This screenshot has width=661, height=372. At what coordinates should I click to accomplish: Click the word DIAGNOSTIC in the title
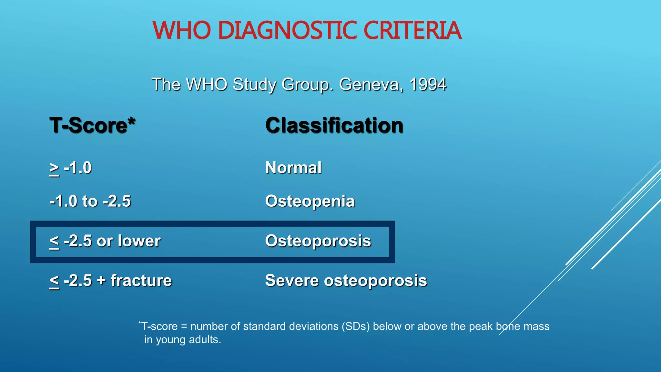[287, 30]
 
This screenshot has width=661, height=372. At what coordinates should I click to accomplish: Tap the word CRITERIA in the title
[412, 30]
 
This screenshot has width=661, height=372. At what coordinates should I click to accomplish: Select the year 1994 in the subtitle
[428, 84]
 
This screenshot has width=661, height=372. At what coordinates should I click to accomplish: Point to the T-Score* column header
[92, 125]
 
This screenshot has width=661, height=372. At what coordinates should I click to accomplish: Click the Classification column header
[334, 125]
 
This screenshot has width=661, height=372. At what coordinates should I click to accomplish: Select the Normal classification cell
[293, 168]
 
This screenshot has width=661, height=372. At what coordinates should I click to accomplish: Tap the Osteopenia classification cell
[310, 201]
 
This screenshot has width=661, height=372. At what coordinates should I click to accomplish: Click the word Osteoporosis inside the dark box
[318, 241]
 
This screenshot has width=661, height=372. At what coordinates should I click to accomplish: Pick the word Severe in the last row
[291, 280]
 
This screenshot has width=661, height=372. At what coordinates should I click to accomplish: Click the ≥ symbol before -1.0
[54, 169]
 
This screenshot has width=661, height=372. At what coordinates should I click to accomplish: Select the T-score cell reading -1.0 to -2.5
[90, 201]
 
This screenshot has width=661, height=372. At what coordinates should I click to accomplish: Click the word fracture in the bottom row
[141, 280]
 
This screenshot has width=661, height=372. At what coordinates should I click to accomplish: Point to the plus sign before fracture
[101, 280]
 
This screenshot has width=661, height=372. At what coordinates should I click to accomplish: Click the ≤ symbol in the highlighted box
[54, 242]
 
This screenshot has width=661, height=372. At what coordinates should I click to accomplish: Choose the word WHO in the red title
[182, 30]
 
